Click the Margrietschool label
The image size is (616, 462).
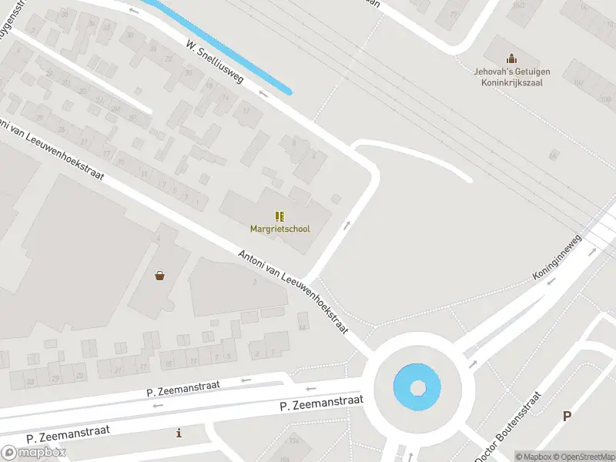point(280,229)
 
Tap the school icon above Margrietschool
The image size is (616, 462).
point(280,216)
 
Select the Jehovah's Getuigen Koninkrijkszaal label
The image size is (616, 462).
point(508,78)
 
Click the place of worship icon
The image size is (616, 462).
point(509,59)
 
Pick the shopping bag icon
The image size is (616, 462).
point(159,275)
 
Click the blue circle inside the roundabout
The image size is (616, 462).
point(417,387)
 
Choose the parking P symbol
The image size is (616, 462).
point(567,416)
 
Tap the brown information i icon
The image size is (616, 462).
point(179,433)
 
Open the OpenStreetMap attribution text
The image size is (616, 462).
point(584,457)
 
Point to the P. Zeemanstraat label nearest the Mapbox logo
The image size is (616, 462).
point(68,434)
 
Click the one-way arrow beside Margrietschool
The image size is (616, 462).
point(347,226)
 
